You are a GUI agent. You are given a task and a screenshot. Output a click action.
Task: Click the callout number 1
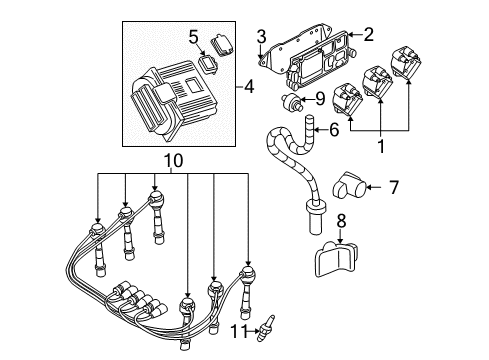pos(381,144)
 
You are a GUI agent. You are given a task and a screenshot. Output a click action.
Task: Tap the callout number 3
pos(260,38)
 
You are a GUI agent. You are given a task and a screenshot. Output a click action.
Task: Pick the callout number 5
pos(194,38)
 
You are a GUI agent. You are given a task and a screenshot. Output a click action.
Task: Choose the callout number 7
pos(393,185)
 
